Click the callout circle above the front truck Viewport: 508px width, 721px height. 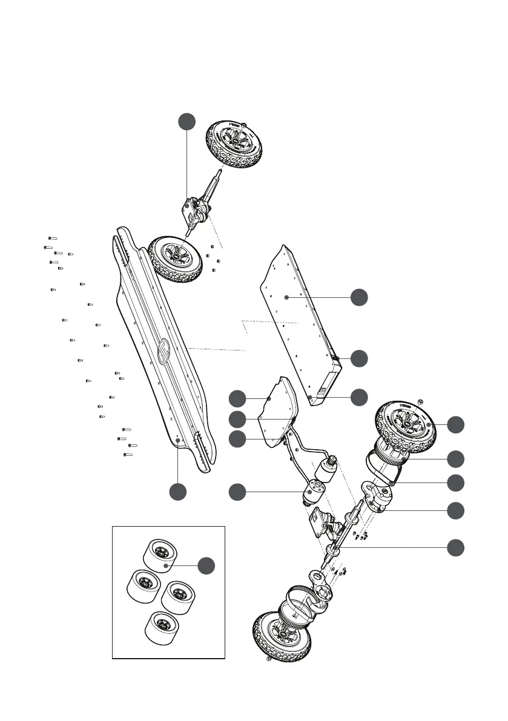click(x=186, y=121)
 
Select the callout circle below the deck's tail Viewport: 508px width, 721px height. click(x=177, y=492)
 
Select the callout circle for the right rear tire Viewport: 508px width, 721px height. click(x=457, y=424)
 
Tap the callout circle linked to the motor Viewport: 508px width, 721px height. click(x=237, y=492)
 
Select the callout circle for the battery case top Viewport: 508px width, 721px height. click(x=360, y=297)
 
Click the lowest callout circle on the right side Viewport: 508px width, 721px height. click(x=457, y=548)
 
